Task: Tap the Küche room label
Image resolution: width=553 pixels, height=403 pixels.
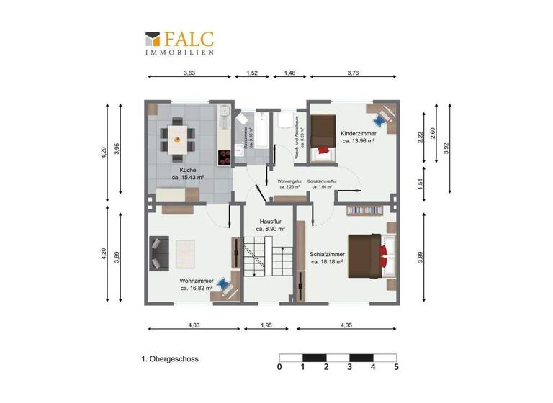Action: (188, 173)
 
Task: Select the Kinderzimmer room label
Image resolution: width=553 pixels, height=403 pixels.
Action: (357, 137)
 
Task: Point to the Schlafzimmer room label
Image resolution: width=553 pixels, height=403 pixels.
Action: (327, 258)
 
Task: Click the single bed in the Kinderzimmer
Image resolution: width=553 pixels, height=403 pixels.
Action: (321, 137)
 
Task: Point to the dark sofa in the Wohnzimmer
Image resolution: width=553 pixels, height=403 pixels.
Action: (156, 253)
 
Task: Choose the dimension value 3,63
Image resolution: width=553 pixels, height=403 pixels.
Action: (189, 73)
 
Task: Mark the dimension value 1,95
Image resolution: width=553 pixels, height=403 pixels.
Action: (267, 326)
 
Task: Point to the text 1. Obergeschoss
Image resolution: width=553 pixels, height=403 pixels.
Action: (170, 358)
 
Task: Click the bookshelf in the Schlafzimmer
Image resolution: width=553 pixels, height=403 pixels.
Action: (364, 210)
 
